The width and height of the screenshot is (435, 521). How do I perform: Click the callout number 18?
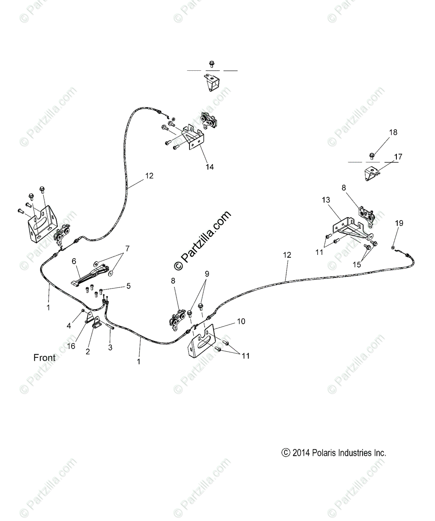point(393,132)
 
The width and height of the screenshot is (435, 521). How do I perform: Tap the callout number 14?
point(209,167)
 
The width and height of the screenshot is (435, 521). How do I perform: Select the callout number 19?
point(399,223)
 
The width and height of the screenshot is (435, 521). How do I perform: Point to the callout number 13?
point(326,200)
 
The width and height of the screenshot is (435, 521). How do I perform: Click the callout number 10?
point(241,321)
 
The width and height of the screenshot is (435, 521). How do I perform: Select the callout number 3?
point(110,347)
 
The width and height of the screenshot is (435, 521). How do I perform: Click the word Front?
point(45,358)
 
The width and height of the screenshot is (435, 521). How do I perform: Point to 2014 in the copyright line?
point(301,453)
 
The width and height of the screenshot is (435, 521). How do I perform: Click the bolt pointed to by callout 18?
point(372,155)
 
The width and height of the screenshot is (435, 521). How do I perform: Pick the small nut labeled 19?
point(392,247)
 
